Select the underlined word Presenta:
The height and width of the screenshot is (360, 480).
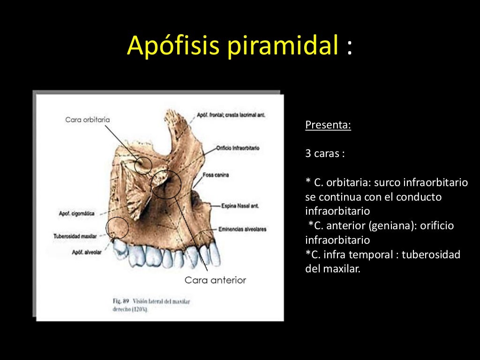(328, 126)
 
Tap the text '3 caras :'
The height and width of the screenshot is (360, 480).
(325, 154)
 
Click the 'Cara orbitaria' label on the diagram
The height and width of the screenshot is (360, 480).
(88, 120)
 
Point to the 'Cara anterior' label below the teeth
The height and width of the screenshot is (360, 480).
(215, 280)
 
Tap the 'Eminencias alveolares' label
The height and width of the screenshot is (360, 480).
(242, 229)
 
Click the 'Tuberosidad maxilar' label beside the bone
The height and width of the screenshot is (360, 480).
(75, 236)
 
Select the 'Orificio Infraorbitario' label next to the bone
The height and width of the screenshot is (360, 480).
(238, 148)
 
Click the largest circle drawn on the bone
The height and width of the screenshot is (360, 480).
(166, 184)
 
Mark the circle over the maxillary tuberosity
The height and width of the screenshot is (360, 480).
(117, 228)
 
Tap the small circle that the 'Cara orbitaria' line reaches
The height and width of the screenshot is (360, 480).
(143, 165)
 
